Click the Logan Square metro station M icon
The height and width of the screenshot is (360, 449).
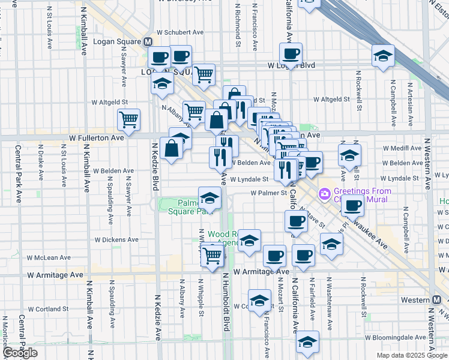click(147, 42)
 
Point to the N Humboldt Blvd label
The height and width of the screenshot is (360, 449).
click(227, 310)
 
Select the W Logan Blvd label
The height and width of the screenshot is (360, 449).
click(291, 65)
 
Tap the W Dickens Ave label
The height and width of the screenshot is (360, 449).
click(116, 239)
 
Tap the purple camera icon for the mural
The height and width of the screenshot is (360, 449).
click(325, 194)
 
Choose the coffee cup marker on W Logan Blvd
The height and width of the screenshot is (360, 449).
click(291, 53)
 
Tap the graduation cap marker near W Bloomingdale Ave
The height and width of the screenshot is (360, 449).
click(307, 342)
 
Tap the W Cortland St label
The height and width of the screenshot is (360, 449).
click(47, 310)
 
